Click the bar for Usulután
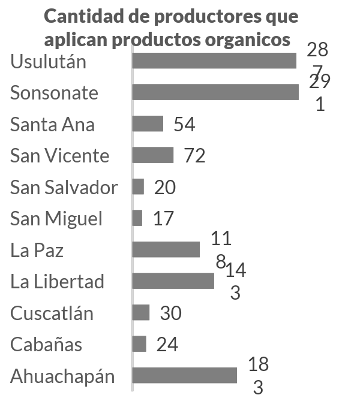(x=214, y=61)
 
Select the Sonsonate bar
(x=215, y=92)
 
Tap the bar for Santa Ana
(x=148, y=123)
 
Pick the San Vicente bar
(x=153, y=155)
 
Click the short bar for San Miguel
(x=137, y=218)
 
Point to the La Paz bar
(x=166, y=249)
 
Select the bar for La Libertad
(x=173, y=281)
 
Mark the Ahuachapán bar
(x=185, y=375)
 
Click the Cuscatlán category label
(x=52, y=313)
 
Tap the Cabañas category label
(x=46, y=345)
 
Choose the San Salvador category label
(x=64, y=187)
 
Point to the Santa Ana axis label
(x=52, y=125)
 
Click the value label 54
(x=185, y=124)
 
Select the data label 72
(x=195, y=156)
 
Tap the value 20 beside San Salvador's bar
(x=165, y=188)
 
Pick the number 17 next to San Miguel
(x=163, y=218)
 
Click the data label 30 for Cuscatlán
(x=170, y=313)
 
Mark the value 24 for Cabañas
(x=167, y=345)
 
